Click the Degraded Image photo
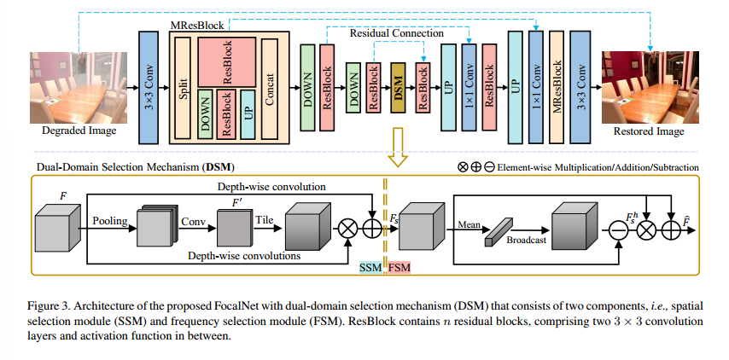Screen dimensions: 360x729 pyautogui.click(x=73, y=86)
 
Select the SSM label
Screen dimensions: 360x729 pyautogui.click(x=370, y=267)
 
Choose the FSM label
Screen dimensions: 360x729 pyautogui.click(x=399, y=267)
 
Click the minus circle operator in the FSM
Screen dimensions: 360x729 pyautogui.click(x=616, y=228)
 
